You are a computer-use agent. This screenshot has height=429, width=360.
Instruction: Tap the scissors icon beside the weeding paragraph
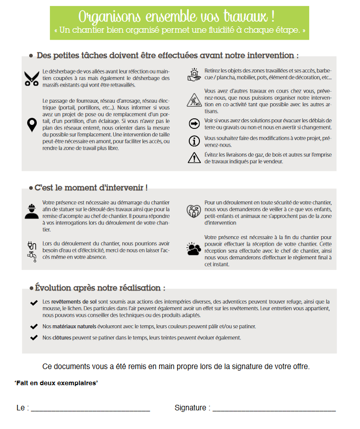pos(32,78)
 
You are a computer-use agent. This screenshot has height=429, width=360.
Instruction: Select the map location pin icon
pos(32,124)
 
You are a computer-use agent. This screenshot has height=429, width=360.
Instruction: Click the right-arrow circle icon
pos(194,123)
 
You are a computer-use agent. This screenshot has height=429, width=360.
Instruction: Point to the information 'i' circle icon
pos(194,140)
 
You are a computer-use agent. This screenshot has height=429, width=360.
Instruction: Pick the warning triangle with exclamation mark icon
pos(194,158)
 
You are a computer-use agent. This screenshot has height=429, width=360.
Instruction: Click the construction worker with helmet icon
pos(32,211)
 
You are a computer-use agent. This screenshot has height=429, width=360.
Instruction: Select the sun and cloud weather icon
pos(194,249)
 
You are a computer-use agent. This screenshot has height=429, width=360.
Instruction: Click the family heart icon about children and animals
pos(194,210)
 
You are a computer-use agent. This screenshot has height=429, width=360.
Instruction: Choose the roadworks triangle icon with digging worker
pos(194,100)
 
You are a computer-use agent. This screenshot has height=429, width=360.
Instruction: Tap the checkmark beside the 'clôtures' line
pos(34,337)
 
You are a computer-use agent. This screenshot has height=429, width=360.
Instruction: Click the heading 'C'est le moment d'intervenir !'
pos(91,188)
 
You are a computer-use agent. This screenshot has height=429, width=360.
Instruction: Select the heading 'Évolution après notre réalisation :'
pos(100,288)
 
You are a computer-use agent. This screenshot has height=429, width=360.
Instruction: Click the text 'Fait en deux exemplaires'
pos(56,383)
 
